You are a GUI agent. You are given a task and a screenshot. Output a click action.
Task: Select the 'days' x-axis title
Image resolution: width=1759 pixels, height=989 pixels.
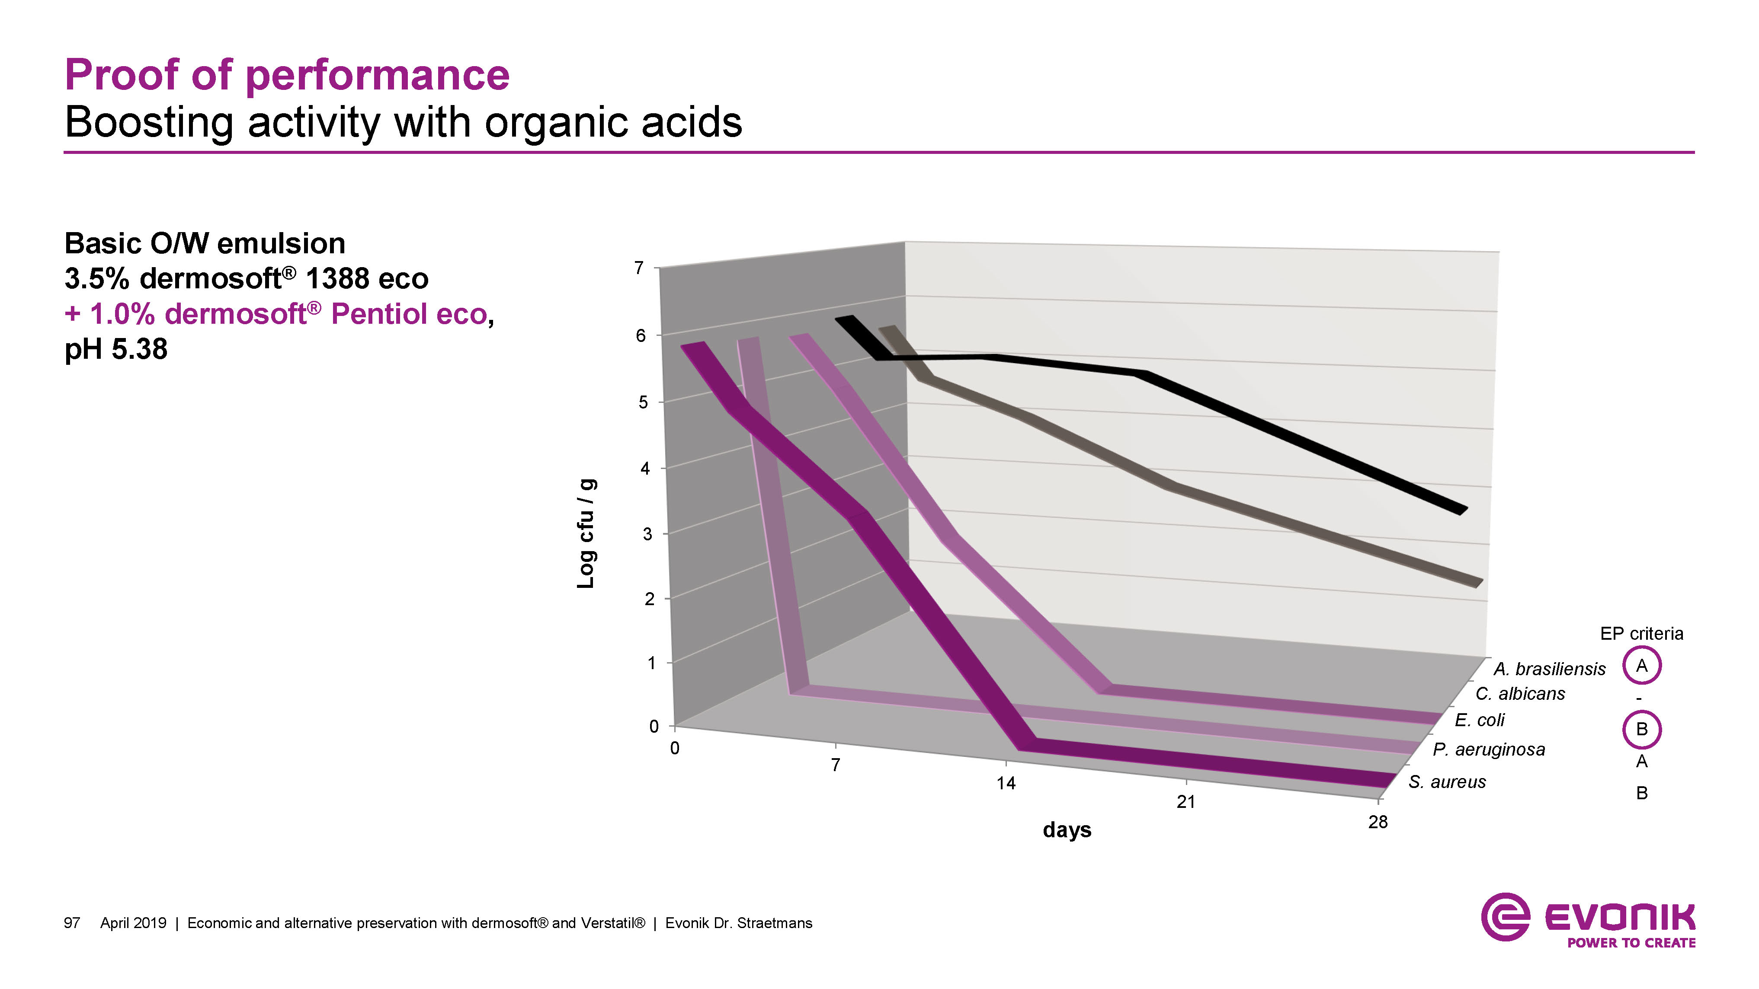pyautogui.click(x=1067, y=830)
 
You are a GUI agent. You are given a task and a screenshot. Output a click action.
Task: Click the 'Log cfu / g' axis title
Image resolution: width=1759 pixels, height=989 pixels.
pyautogui.click(x=586, y=533)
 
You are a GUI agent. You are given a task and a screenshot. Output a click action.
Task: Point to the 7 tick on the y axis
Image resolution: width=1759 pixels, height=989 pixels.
pyautogui.click(x=639, y=268)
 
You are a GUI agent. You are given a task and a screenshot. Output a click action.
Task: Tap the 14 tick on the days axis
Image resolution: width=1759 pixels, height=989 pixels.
pyautogui.click(x=1005, y=783)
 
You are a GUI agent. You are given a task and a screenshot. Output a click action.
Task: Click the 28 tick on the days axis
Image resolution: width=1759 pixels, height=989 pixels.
pyautogui.click(x=1377, y=822)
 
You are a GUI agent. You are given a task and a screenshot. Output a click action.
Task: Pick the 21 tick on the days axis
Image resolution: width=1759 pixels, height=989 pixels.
pyautogui.click(x=1185, y=802)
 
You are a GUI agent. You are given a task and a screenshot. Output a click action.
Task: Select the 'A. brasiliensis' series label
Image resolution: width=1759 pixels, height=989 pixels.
pyautogui.click(x=1549, y=669)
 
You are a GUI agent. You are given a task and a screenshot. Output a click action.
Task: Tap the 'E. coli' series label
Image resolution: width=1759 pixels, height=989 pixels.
pyautogui.click(x=1479, y=720)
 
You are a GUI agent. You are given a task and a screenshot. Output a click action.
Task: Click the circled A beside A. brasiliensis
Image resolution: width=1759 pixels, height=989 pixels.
pyautogui.click(x=1641, y=666)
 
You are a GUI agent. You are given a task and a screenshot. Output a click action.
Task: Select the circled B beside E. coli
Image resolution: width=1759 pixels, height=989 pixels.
pyautogui.click(x=1641, y=729)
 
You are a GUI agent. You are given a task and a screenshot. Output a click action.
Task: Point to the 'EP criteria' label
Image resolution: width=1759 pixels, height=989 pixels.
pyautogui.click(x=1641, y=633)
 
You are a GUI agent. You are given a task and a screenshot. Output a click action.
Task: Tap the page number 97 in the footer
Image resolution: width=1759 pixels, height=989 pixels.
pyautogui.click(x=72, y=923)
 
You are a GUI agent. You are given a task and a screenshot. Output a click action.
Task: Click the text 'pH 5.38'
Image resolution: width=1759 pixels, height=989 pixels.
pyautogui.click(x=116, y=349)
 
